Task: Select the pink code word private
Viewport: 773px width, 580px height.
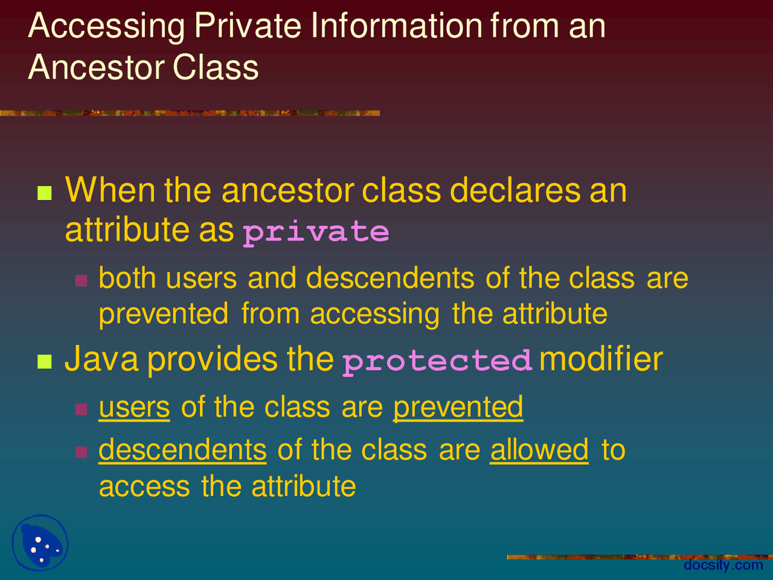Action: [x=316, y=233]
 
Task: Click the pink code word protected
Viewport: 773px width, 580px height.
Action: [x=437, y=361]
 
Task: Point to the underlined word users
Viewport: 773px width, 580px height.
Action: [x=134, y=408]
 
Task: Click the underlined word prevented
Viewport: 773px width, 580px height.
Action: [x=458, y=408]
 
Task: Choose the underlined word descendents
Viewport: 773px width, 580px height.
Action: [x=182, y=451]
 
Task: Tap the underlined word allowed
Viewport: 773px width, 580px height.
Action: [x=539, y=451]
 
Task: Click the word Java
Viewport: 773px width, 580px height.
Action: [x=101, y=359]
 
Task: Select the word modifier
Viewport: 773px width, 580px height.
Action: [x=600, y=359]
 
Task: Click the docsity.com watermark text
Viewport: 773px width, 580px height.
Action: [x=723, y=565]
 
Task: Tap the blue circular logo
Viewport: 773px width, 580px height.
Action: [x=40, y=543]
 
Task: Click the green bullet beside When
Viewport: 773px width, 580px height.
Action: [x=45, y=193]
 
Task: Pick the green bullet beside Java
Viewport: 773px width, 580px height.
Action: [x=45, y=362]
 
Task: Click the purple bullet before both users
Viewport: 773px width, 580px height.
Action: [x=82, y=280]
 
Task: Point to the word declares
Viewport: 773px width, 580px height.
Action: [x=515, y=190]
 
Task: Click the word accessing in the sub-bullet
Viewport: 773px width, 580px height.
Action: [x=374, y=315]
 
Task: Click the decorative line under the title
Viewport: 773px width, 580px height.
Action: [x=190, y=113]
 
